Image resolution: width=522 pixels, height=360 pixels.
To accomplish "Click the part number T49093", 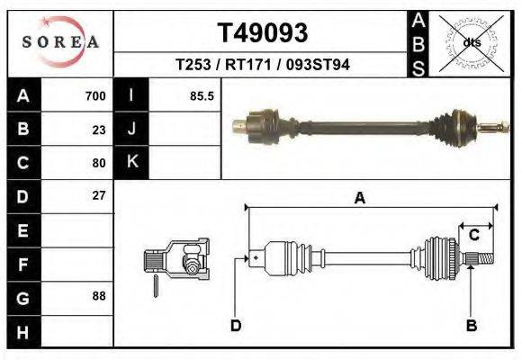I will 263,33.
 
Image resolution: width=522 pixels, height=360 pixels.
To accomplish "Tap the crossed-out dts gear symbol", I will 471,42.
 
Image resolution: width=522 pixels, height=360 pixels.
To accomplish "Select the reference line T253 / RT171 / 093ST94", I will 263,65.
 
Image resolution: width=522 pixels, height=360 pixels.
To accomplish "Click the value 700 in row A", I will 94,96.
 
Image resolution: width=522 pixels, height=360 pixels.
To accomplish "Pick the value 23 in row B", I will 98,130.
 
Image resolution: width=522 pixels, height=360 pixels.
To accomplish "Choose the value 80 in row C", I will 98,163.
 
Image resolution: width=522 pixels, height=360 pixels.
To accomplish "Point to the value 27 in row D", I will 98,195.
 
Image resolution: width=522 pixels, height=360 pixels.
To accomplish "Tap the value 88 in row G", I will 98,296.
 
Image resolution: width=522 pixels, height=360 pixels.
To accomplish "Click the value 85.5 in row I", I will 202,96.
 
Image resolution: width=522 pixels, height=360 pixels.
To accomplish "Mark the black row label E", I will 23,230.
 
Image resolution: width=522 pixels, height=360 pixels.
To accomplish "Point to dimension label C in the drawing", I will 472,235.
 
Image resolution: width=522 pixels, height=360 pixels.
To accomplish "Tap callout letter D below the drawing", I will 236,325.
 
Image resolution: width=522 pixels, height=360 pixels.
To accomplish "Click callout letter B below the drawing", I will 471,325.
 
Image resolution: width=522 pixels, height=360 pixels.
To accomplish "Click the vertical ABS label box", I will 418,42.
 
